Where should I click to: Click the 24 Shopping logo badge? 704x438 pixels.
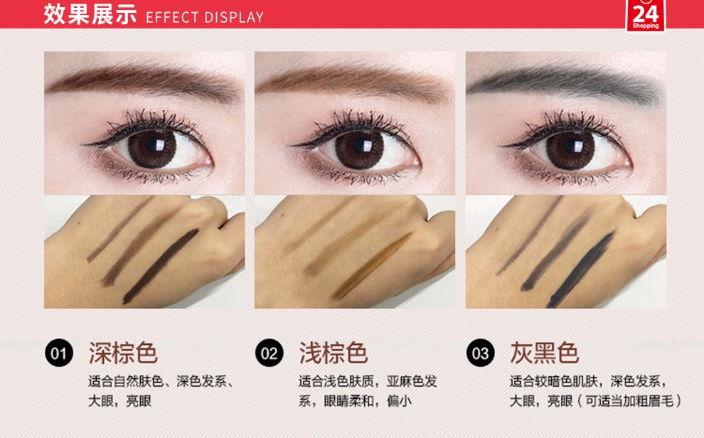tap(646, 15)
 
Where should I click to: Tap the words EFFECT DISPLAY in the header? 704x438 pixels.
tap(205, 17)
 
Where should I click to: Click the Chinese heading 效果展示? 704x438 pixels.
tap(90, 14)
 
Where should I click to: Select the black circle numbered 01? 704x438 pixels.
tap(59, 353)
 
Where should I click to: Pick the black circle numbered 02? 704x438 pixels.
tap(270, 353)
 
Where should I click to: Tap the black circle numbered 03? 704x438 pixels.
tap(481, 353)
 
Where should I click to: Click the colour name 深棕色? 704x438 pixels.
tap(123, 353)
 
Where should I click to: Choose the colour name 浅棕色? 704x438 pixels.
tap(334, 353)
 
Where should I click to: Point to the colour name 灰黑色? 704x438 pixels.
tap(544, 353)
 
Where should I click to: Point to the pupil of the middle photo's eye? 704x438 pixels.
tap(360, 146)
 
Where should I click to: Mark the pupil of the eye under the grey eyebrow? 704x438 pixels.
tap(571, 146)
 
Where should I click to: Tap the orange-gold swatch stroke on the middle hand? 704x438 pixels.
tap(373, 266)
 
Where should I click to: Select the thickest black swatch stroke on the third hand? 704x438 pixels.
tap(581, 269)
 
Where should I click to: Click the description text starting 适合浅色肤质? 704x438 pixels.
tap(368, 391)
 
